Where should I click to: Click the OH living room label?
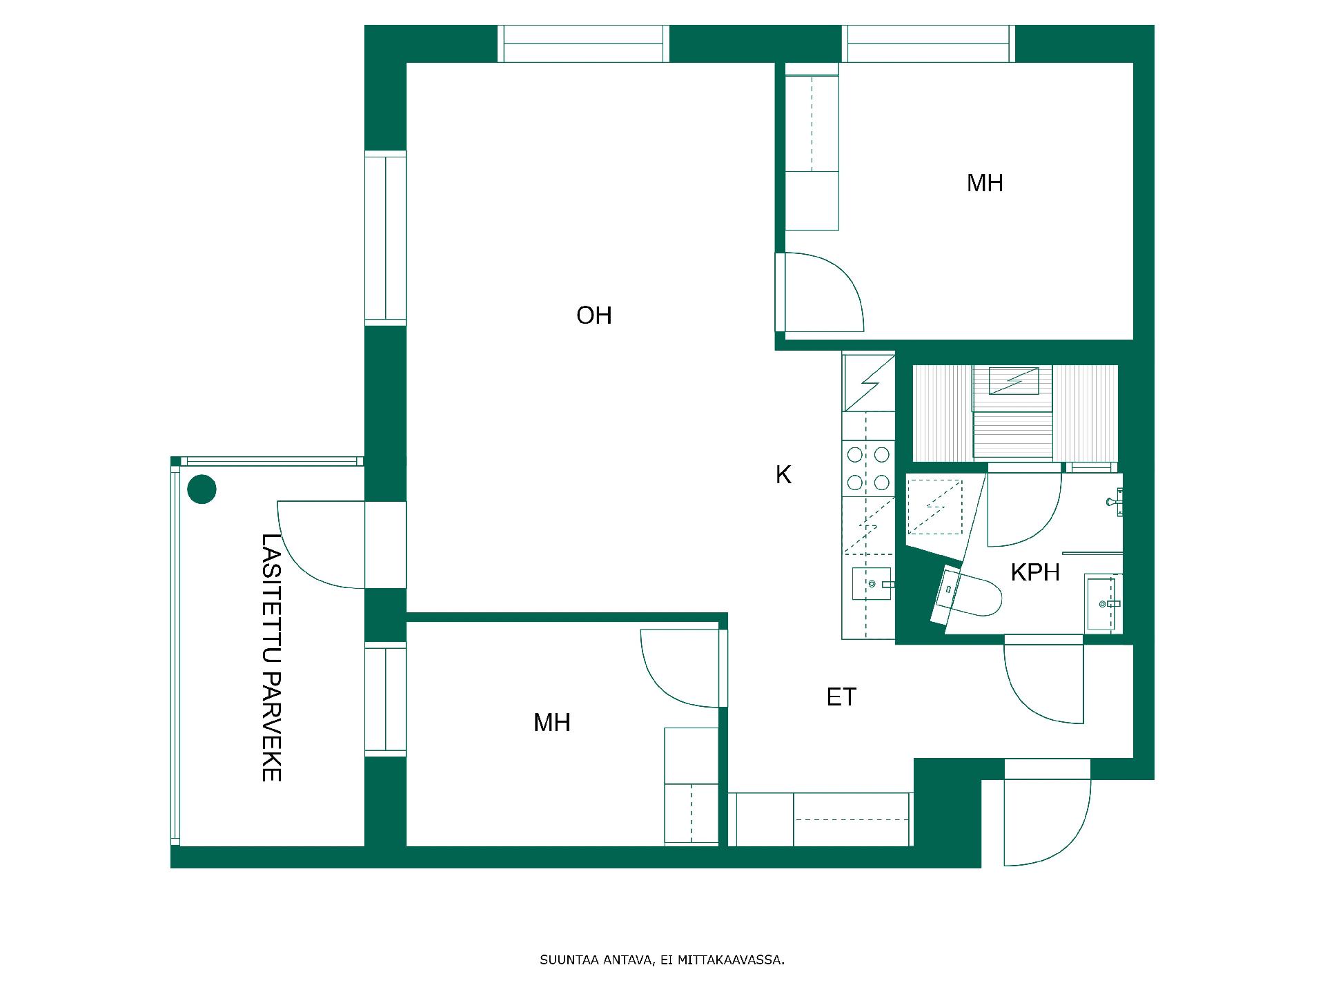(594, 315)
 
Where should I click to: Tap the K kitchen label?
(783, 475)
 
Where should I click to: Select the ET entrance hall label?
(841, 697)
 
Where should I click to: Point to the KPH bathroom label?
(1035, 572)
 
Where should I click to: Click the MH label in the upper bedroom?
(985, 183)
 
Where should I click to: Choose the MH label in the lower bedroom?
(552, 723)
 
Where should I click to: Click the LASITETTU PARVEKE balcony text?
(271, 657)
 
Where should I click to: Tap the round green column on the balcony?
(202, 489)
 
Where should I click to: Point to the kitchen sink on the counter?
(871, 584)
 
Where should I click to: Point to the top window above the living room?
(584, 43)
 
